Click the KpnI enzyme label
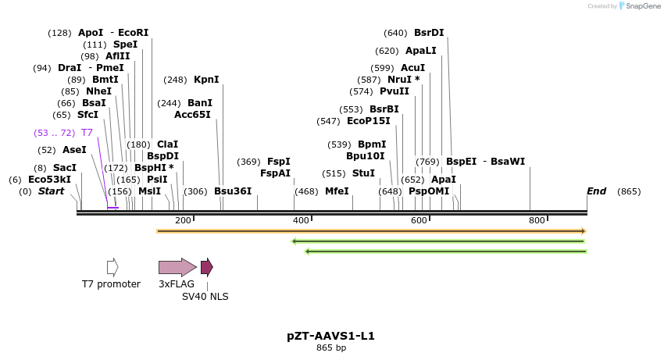click(206, 80)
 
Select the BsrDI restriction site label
click(429, 33)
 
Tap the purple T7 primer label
click(87, 133)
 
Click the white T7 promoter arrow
click(112, 267)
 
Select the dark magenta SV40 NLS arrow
click(206, 267)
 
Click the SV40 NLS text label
click(205, 297)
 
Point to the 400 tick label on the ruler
click(301, 221)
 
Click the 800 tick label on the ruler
click(537, 221)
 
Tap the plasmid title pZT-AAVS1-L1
click(330, 337)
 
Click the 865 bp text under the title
click(330, 348)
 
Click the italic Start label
click(51, 191)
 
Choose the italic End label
click(596, 191)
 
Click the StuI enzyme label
click(363, 173)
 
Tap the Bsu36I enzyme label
click(233, 191)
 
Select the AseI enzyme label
click(74, 150)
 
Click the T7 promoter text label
click(111, 284)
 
